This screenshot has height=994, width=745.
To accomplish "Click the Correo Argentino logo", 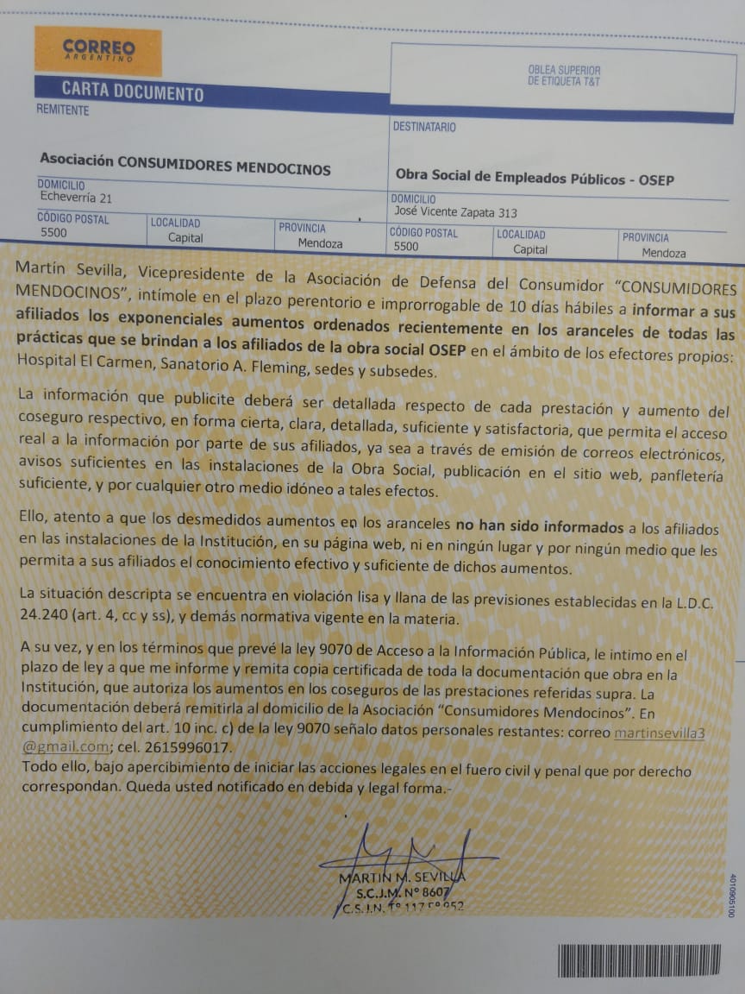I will [97, 51].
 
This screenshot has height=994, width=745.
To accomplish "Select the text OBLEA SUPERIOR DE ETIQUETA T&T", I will [564, 76].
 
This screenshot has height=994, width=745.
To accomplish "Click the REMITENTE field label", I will [62, 110].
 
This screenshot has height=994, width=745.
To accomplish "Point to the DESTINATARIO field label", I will [424, 127].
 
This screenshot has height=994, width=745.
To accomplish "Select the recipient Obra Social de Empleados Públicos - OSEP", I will [534, 179].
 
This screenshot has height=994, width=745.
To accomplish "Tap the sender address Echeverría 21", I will [76, 198].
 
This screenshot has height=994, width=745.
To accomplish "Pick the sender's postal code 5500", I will [53, 233].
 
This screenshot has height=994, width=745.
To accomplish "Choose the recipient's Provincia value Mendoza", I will [664, 253].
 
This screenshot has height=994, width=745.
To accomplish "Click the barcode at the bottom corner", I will [638, 960].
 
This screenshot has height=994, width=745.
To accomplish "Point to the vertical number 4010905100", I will [731, 895].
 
